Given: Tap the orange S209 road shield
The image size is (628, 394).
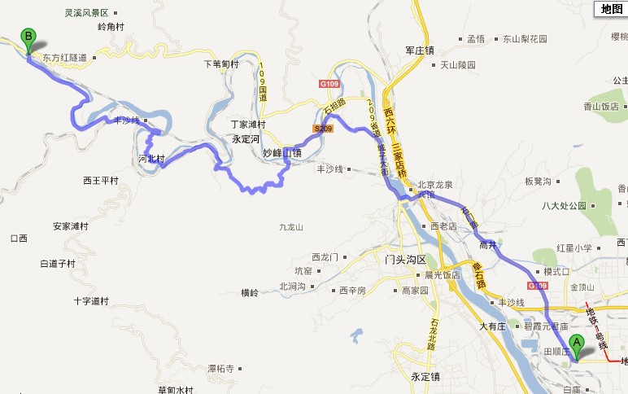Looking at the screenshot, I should pos(322,128).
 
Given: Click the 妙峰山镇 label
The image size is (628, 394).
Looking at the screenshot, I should pos(281,152).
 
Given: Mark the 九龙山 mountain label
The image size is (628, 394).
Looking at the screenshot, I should pos(290,227).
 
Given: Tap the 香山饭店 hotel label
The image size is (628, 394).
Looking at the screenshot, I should pos(601,106).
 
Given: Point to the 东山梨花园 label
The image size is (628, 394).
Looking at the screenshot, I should pos(524,38).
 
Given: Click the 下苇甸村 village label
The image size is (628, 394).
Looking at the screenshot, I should pos(220,63).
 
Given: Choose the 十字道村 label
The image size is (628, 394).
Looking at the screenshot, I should pos(90,300).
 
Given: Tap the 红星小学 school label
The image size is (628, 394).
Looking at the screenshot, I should pos(574,247).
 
